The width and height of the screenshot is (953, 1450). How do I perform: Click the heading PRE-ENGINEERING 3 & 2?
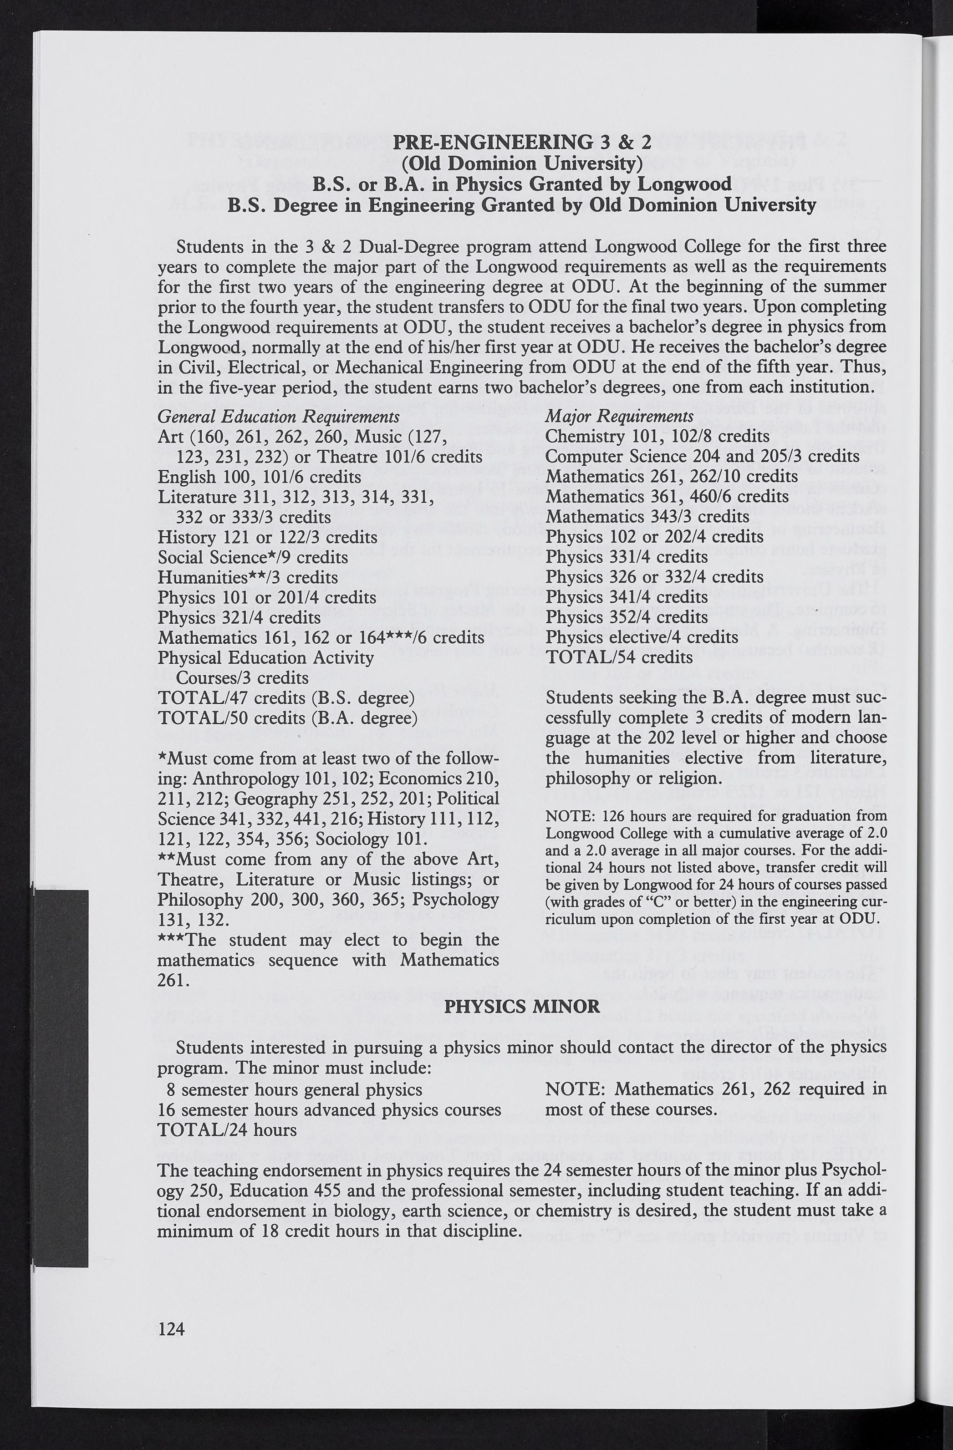522,142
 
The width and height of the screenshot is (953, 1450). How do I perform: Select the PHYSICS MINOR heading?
522,1006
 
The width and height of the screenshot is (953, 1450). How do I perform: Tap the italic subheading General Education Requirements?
279,417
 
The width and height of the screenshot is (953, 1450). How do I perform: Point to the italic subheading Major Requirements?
619,416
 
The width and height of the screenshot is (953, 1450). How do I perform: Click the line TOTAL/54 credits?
619,657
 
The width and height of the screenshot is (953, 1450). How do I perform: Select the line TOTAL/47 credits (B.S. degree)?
286,697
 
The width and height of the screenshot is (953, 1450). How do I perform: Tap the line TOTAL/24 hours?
227,1130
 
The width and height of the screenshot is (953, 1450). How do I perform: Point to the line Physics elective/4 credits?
642,637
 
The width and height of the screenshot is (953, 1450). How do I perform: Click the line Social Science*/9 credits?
253,557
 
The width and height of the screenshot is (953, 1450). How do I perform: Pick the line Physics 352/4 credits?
627,617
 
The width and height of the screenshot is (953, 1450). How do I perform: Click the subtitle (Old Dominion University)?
522,163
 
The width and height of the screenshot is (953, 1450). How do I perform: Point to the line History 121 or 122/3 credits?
267,537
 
